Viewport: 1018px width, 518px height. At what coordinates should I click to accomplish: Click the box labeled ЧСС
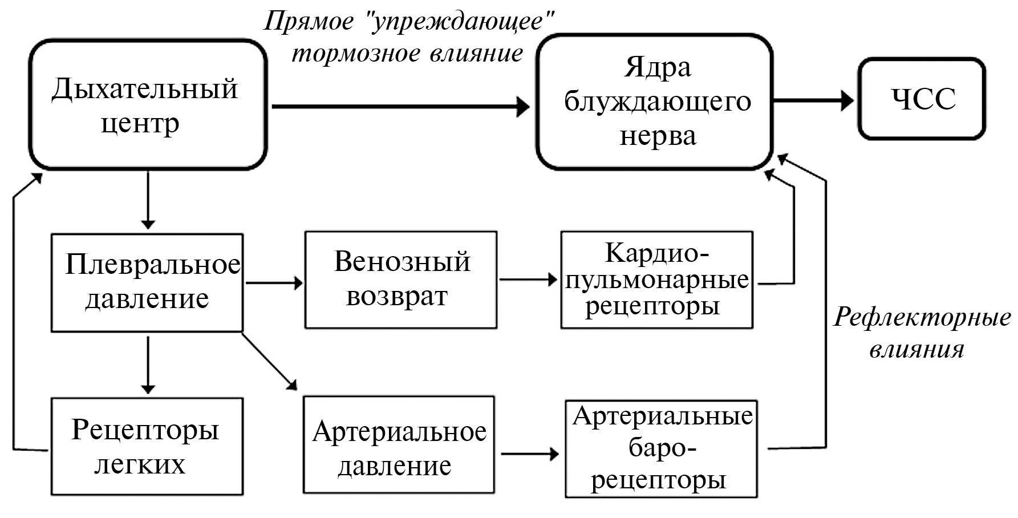922,99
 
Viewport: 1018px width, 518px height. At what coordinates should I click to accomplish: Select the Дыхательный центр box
148,104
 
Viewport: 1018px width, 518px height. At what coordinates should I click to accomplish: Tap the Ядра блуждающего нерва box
655,102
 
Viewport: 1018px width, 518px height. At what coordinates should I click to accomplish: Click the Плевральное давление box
147,282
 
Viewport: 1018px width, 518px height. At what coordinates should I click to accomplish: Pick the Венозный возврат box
401,280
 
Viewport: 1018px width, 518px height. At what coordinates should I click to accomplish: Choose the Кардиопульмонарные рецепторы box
656,280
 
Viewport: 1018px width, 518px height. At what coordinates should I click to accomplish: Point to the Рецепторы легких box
147,446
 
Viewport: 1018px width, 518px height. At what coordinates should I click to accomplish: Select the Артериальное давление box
399,445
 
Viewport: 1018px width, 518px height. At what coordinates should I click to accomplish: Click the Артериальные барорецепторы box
661,449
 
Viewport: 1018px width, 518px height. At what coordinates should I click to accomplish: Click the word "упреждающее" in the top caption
462,22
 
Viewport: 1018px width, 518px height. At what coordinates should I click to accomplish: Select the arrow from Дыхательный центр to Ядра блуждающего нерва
399,106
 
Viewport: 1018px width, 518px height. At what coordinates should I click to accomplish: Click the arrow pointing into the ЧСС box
814,101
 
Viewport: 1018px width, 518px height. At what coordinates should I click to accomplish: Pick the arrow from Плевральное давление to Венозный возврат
273,282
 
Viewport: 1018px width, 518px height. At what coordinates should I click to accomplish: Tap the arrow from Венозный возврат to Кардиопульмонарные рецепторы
528,280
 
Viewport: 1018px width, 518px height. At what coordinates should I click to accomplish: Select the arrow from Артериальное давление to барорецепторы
529,454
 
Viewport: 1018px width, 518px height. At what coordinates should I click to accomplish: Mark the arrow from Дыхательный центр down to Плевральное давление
148,200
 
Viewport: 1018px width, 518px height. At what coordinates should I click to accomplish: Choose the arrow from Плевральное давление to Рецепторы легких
148,364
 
